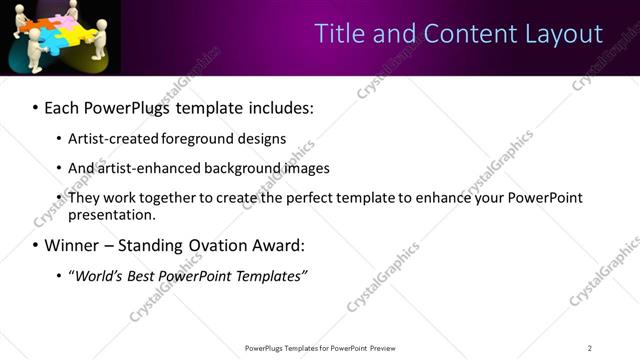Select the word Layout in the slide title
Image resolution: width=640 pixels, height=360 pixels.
coord(565,34)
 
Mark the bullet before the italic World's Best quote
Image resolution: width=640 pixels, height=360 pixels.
coord(58,276)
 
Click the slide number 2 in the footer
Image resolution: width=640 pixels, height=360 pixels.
coord(590,348)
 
